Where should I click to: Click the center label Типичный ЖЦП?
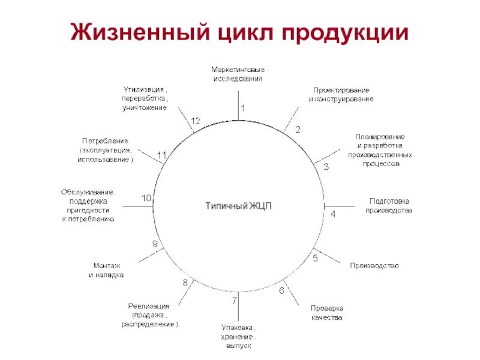(x=239, y=206)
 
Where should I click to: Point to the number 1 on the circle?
(x=243, y=108)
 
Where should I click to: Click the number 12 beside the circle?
(x=196, y=121)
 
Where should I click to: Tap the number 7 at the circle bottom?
(x=235, y=300)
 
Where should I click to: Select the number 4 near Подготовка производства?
(x=334, y=214)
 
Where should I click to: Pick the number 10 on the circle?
(x=146, y=198)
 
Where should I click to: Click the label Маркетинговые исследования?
(x=238, y=74)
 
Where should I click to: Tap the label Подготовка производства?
(x=389, y=206)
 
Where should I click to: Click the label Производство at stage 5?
(x=374, y=265)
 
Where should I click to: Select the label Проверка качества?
(x=326, y=313)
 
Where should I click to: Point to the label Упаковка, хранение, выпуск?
(x=239, y=337)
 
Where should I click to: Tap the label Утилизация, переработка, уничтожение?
(x=145, y=98)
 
